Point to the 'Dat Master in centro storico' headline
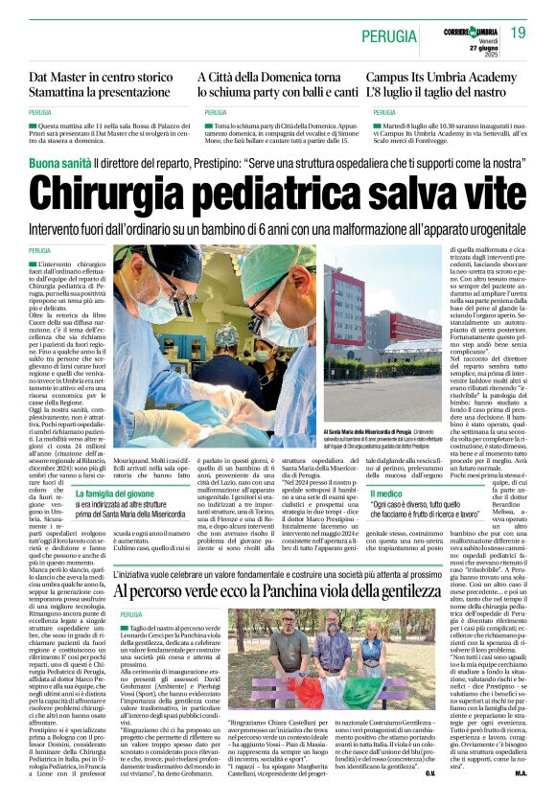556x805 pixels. click(x=99, y=75)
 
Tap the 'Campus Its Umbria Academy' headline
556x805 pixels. click(x=442, y=75)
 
